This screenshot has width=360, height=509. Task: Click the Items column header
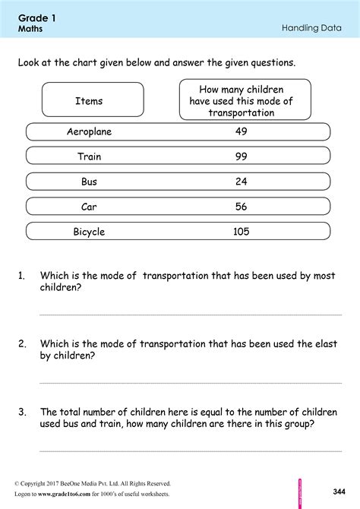89,100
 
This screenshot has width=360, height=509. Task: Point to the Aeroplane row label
89,131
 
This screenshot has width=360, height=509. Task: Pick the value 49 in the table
241,131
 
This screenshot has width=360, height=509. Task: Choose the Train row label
89,156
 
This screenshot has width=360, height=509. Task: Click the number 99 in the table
241,156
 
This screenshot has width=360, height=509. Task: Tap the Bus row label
89,182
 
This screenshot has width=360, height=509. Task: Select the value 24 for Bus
241,182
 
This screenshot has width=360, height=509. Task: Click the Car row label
89,207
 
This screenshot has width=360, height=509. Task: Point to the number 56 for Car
241,207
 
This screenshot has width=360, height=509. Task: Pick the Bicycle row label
89,232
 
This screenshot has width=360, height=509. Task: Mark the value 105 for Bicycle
241,232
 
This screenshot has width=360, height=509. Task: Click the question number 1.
22,277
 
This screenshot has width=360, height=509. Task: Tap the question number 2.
22,344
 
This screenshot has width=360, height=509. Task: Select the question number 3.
22,412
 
